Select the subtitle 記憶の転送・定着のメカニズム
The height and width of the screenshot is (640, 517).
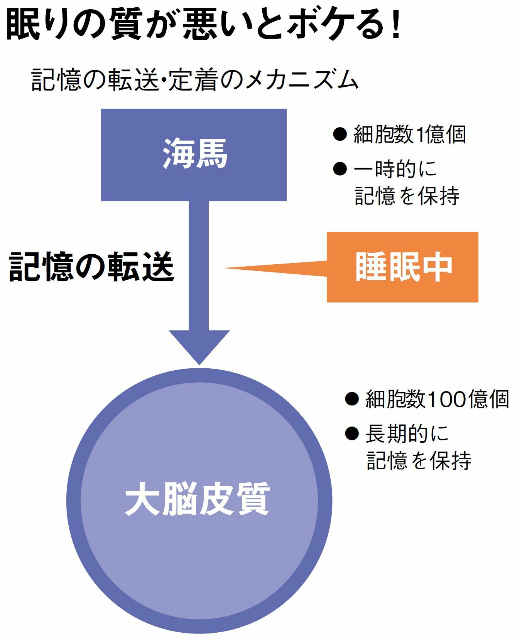click(x=195, y=80)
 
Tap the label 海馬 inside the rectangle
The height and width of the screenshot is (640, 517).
click(x=195, y=154)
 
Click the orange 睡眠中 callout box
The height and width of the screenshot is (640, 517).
click(x=402, y=267)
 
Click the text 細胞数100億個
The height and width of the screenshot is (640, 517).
click(x=437, y=399)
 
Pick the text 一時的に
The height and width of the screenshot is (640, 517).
click(x=395, y=169)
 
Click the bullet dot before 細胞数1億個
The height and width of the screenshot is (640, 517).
click(x=340, y=134)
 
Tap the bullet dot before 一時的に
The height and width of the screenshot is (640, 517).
click(x=340, y=169)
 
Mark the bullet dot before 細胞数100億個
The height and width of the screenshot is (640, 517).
click(x=352, y=399)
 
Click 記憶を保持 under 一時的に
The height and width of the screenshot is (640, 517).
click(x=407, y=196)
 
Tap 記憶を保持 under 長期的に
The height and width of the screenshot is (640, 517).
click(x=419, y=460)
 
